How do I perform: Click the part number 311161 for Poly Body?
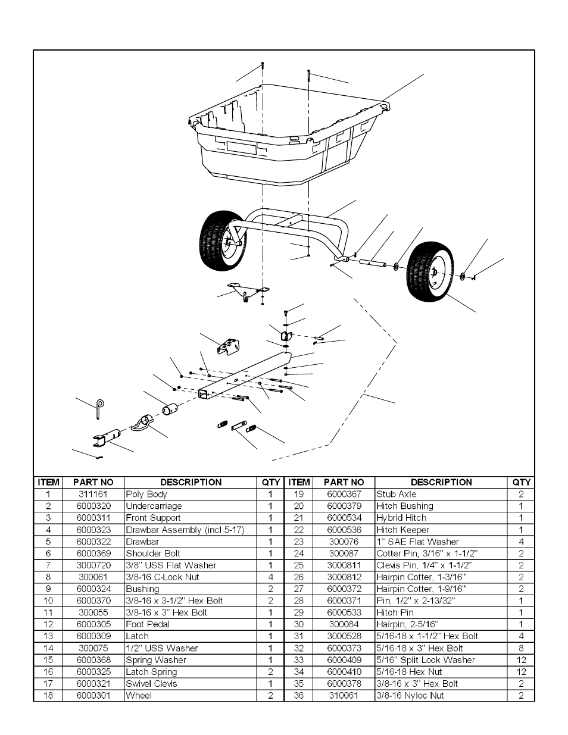tap(93, 494)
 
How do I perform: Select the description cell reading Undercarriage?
tap(154, 506)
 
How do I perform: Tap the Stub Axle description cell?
tap(396, 494)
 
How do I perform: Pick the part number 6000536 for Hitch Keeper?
tap(344, 530)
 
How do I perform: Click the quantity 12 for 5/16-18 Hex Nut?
tap(521, 672)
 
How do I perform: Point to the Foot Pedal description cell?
tap(148, 624)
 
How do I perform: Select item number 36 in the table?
tap(299, 696)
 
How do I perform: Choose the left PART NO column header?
tap(93, 482)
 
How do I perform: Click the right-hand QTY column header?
tap(521, 482)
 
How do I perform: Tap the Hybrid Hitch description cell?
tap(401, 518)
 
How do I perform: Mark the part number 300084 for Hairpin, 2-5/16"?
tap(344, 624)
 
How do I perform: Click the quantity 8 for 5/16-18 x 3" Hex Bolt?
tap(521, 648)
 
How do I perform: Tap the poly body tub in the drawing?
tap(280, 137)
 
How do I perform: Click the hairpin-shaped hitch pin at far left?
tap(100, 408)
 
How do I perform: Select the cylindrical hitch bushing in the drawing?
tap(172, 411)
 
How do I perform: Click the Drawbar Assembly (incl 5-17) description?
tap(185, 530)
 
